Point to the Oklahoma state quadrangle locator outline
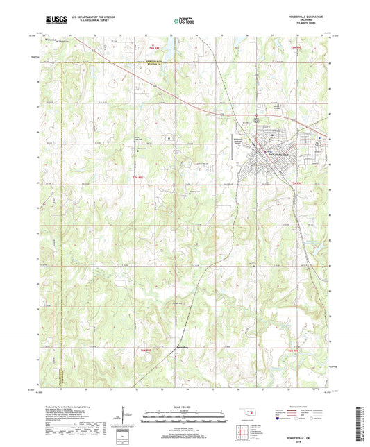pyautogui.click(x=249, y=416)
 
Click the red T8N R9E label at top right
pyautogui.click(x=296, y=47)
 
